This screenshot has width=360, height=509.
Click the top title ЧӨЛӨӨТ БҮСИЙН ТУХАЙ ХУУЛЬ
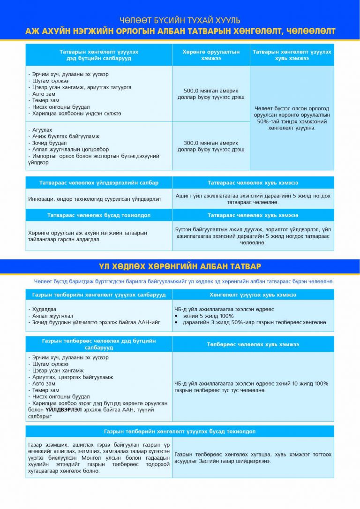[x=180, y=20]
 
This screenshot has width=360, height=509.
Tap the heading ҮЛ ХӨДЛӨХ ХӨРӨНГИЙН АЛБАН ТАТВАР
[x=180, y=266]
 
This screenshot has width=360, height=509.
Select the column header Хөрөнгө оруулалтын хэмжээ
[x=211, y=55]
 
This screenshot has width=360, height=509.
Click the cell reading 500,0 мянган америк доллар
[x=211, y=94]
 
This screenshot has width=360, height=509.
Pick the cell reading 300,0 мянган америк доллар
[x=211, y=146]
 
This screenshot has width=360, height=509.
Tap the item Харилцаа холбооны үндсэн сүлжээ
[x=75, y=114]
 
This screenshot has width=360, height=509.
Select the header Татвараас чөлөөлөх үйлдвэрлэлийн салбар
[x=98, y=182]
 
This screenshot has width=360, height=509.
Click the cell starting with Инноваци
[x=94, y=199]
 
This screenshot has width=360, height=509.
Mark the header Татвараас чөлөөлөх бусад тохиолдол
[x=98, y=215]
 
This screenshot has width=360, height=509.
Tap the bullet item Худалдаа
[x=44, y=309]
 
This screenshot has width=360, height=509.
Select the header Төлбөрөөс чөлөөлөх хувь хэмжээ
[x=253, y=344]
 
